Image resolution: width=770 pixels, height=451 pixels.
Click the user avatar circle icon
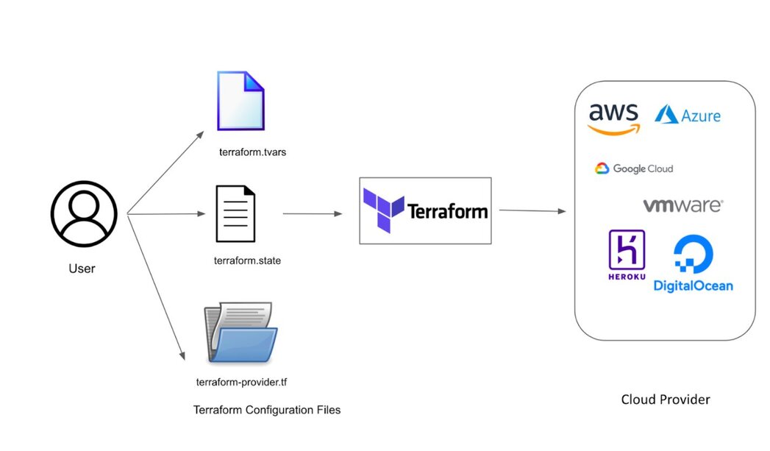point(83,214)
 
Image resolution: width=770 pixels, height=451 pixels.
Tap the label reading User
point(82,269)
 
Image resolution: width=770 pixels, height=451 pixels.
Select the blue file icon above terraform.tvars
point(240,102)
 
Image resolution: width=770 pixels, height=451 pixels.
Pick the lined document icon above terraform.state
point(235,214)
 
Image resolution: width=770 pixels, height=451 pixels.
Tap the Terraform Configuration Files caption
point(267,410)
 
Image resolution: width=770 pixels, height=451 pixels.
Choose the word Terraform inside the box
point(448,212)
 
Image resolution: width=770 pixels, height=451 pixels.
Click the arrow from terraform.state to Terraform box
point(313,214)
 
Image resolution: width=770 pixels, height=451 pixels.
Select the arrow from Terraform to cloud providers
point(532,211)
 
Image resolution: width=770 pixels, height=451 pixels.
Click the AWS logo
point(613,118)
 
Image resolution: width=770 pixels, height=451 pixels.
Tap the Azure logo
point(688,116)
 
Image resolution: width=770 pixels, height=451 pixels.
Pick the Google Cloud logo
point(634,168)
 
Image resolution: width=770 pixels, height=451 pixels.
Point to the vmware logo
point(682,205)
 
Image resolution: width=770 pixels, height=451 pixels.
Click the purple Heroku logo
point(627,255)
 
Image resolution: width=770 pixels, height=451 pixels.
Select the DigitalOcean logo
point(693,263)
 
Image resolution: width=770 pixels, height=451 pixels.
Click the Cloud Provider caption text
point(666,399)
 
